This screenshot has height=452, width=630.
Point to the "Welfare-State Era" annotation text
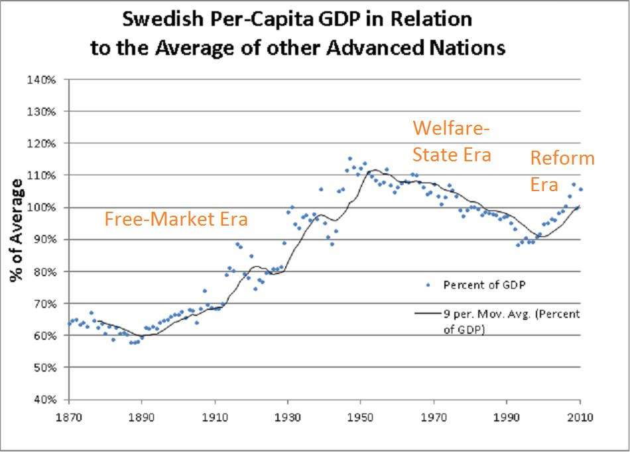[x=452, y=141]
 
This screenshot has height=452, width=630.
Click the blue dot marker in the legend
[x=428, y=285]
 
